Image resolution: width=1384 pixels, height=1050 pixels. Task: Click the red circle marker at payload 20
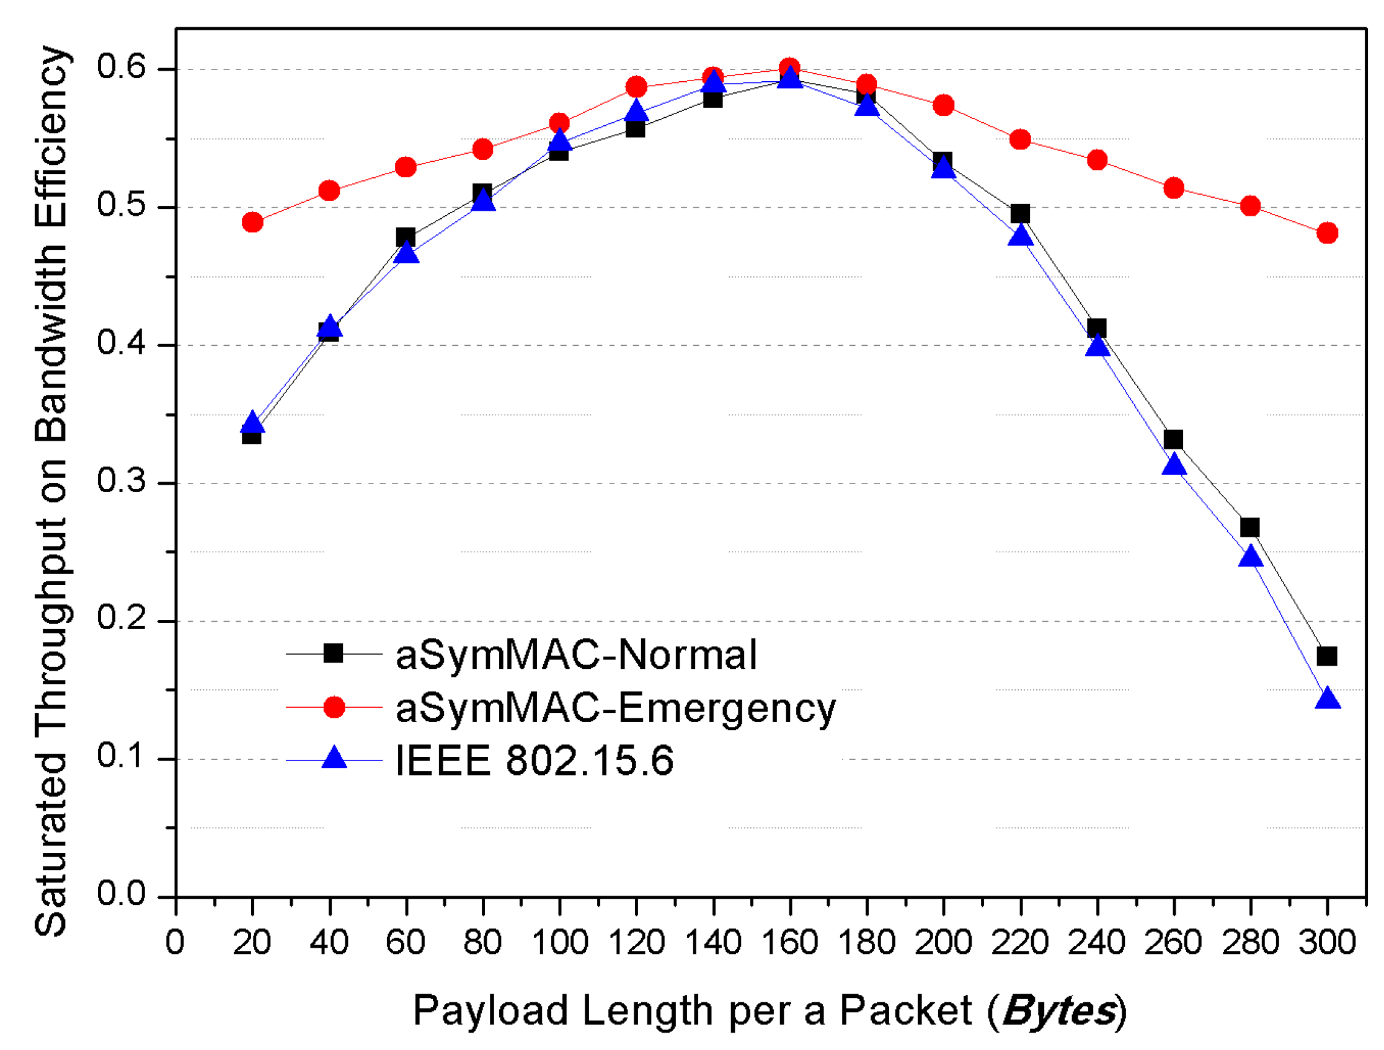(252, 222)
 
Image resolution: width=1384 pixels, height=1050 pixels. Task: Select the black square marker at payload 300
(1326, 656)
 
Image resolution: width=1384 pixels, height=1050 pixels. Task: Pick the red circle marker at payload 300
(1326, 233)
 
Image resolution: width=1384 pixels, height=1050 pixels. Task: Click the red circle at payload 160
(789, 68)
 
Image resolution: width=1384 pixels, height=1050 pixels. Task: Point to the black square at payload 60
(406, 237)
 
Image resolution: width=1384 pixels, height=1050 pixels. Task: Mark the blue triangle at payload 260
(1174, 465)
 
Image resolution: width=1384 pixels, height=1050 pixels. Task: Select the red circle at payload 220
(1020, 139)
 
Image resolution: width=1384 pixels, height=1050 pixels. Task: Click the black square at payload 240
(1096, 328)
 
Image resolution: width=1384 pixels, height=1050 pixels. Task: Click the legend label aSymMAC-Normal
(576, 655)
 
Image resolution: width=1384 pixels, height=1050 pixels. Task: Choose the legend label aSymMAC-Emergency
(616, 708)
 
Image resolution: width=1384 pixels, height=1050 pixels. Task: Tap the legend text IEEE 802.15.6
(535, 761)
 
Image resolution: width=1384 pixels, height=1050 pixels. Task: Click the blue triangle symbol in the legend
(334, 758)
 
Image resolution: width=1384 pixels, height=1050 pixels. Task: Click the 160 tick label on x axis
(789, 942)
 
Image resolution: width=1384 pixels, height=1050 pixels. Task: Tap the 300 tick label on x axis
(1326, 942)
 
